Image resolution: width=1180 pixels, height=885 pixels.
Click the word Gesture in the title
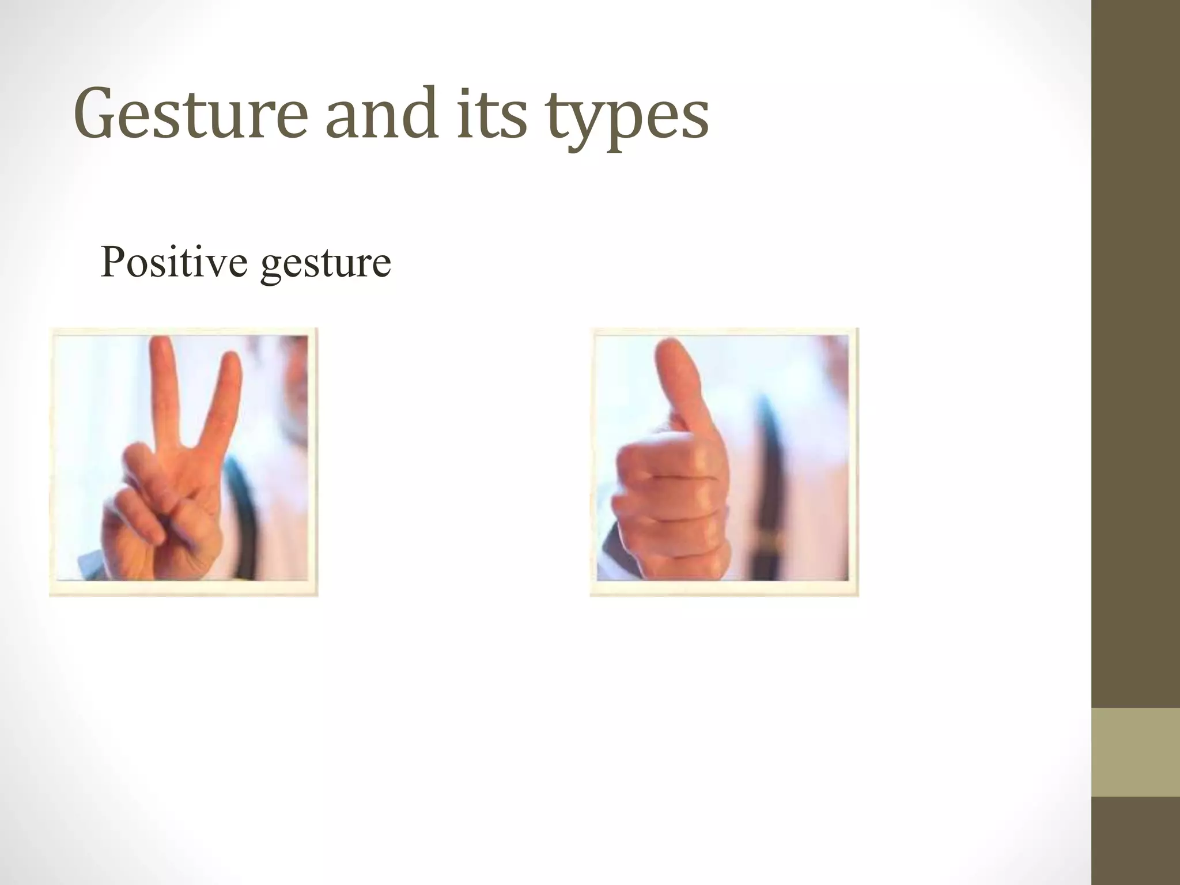[190, 114]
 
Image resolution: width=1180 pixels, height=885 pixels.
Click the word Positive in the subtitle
[175, 262]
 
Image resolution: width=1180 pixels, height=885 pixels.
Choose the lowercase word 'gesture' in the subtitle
[326, 265]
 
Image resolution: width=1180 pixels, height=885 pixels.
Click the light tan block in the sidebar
[1136, 752]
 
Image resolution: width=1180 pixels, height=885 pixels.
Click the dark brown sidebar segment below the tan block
[1136, 841]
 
